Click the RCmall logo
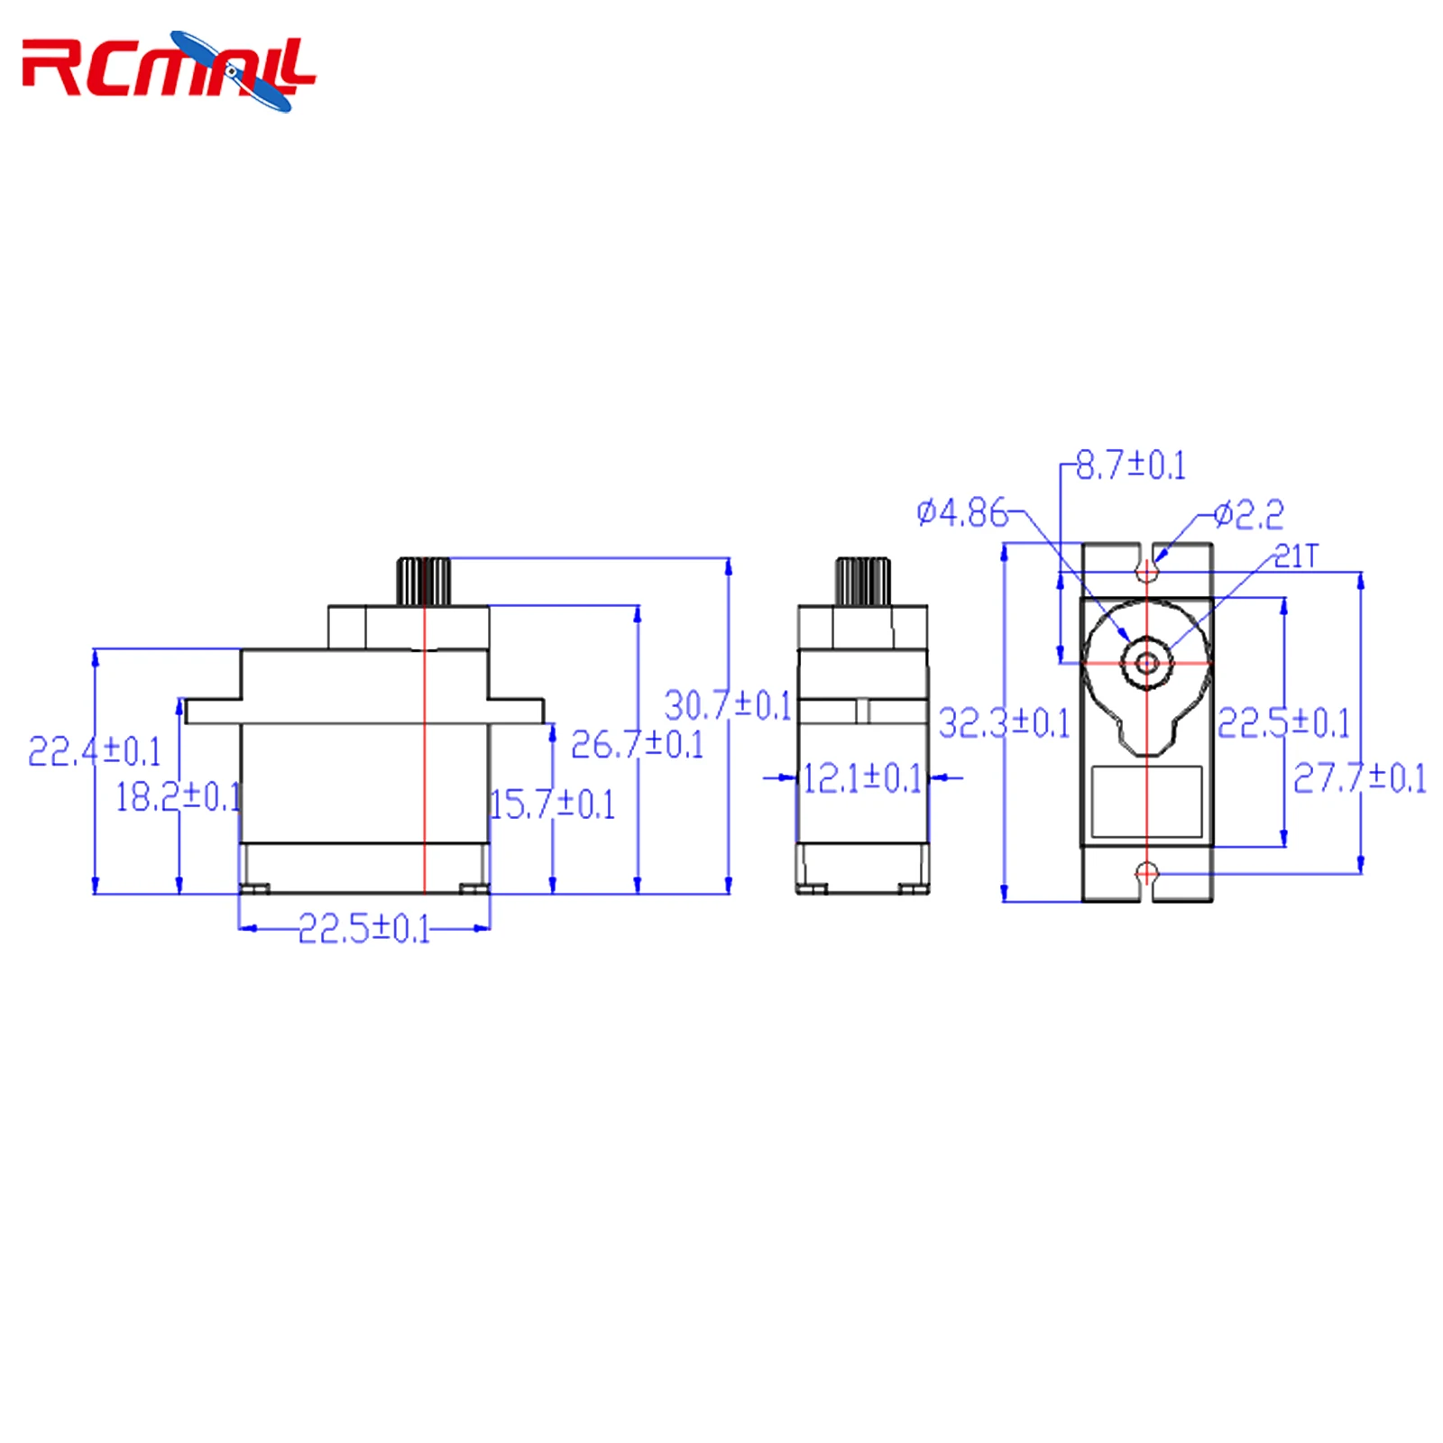pos(169,70)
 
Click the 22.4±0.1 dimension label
pos(95,751)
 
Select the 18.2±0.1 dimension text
pos(179,796)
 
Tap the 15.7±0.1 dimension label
pos(552,804)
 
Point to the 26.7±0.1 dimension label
pos(638,744)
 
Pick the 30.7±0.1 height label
pos(728,704)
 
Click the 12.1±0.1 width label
pos(863,778)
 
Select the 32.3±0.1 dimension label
pos(1004,723)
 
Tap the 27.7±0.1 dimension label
pos(1360,777)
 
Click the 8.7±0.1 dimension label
pos(1131,465)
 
